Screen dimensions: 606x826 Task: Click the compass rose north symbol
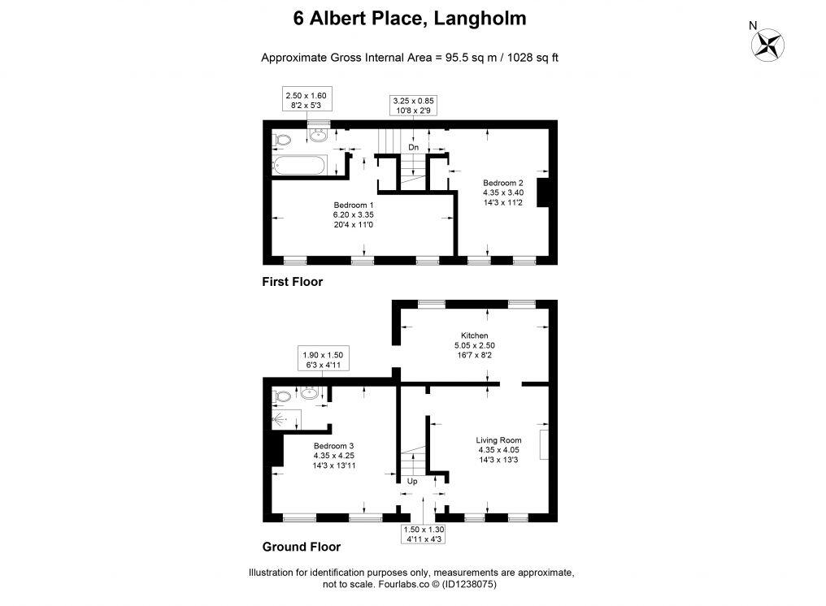coord(767,44)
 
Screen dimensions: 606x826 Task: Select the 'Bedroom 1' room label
coord(353,205)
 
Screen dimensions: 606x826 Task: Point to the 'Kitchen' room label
coord(474,335)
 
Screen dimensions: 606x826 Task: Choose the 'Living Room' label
coord(498,440)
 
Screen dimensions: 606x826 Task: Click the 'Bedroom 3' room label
coord(333,445)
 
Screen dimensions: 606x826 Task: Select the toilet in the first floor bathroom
coord(281,141)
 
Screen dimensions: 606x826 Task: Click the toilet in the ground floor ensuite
coord(281,396)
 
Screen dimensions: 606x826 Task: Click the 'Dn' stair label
coord(413,148)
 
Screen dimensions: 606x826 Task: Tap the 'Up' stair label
coord(411,481)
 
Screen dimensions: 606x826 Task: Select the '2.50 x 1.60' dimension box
coord(305,100)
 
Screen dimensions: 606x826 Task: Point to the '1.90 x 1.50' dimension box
coord(322,360)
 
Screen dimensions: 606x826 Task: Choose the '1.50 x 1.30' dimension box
coord(423,533)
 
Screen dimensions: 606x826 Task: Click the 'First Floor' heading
coord(292,282)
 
